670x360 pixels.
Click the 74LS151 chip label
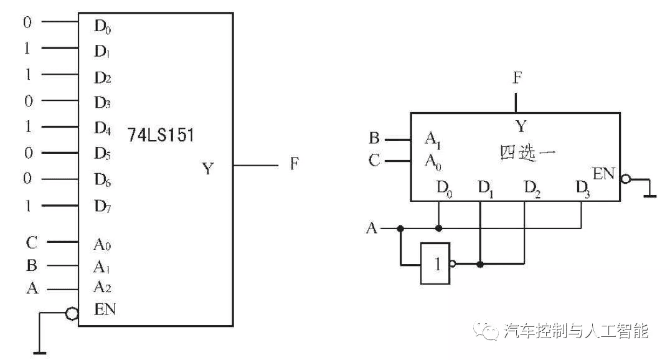click(x=161, y=135)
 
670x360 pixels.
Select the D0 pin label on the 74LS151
click(x=103, y=27)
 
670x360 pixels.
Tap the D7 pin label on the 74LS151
click(x=103, y=206)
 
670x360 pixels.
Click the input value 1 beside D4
click(x=28, y=126)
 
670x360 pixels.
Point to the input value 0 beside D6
click(x=27, y=178)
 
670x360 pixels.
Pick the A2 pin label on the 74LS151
click(x=103, y=287)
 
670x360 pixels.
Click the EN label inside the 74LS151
click(x=105, y=309)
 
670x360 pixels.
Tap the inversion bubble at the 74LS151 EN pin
click(x=72, y=314)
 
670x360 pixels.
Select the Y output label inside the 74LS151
click(x=208, y=168)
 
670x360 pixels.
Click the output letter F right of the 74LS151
click(x=294, y=163)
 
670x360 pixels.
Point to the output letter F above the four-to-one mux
click(x=517, y=78)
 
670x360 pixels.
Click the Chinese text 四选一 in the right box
click(x=527, y=153)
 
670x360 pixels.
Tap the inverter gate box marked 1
click(x=435, y=264)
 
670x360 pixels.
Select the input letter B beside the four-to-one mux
click(x=374, y=138)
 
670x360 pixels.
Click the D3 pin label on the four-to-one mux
click(x=583, y=189)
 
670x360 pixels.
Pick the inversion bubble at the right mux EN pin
click(x=626, y=179)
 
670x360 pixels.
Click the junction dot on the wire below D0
click(x=438, y=229)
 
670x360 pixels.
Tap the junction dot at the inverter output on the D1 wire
click(x=480, y=264)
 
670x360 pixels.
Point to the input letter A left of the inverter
click(x=372, y=229)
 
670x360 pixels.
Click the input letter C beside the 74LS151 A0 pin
click(x=32, y=242)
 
